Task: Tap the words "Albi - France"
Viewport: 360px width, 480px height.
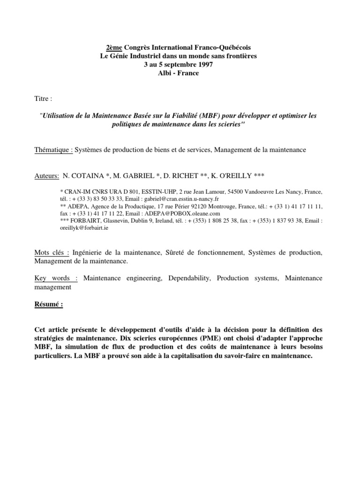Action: tap(180, 73)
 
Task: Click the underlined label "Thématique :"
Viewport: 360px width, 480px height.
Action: tap(54, 150)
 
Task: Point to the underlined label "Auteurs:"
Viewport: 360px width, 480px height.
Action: tap(47, 176)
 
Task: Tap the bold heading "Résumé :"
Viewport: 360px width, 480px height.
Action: tap(49, 304)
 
